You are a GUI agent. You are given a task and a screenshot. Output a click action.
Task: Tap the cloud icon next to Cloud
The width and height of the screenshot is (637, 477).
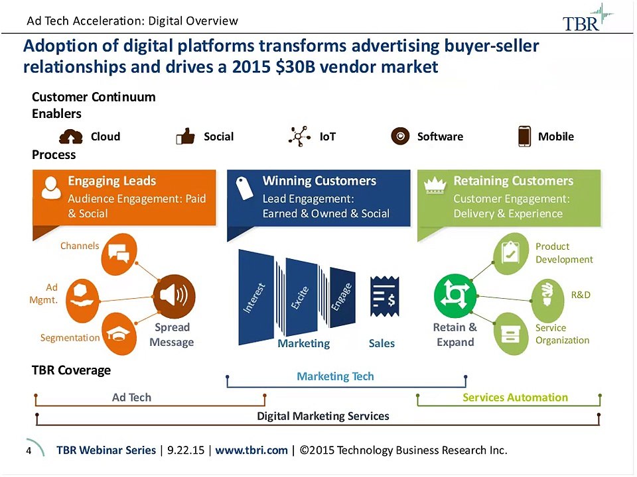pyautogui.click(x=71, y=136)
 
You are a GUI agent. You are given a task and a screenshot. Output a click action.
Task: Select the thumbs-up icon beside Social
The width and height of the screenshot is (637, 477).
pyautogui.click(x=185, y=136)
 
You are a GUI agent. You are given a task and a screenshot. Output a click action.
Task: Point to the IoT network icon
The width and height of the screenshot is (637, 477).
pyautogui.click(x=300, y=136)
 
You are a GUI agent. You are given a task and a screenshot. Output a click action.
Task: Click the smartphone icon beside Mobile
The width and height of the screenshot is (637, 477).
pyautogui.click(x=524, y=136)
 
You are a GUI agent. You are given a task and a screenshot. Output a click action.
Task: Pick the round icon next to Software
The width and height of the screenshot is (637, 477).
pyautogui.click(x=400, y=136)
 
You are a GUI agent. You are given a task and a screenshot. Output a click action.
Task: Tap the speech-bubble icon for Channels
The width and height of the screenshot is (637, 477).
pyautogui.click(x=117, y=254)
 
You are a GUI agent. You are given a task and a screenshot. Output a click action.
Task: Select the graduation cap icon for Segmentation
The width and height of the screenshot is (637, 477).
pyautogui.click(x=120, y=333)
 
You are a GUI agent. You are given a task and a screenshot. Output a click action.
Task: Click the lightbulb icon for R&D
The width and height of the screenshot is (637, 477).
pyautogui.click(x=549, y=294)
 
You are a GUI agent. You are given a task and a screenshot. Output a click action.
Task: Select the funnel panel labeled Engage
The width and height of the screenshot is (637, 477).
pyautogui.click(x=342, y=297)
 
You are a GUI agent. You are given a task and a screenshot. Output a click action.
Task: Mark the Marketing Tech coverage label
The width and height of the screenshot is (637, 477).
pyautogui.click(x=335, y=376)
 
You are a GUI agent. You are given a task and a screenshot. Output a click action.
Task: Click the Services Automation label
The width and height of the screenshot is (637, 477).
pyautogui.click(x=515, y=397)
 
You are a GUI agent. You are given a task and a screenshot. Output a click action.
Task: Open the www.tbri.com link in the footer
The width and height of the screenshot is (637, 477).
pyautogui.click(x=251, y=450)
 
